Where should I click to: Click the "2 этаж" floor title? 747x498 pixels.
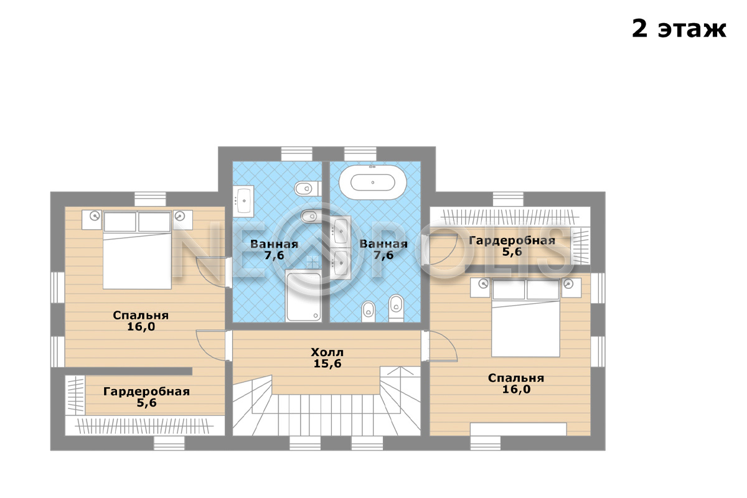click(679, 29)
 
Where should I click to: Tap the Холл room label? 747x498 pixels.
click(327, 352)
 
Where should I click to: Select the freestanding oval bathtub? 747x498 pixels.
click(372, 182)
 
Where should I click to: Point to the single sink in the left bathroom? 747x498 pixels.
click(245, 200)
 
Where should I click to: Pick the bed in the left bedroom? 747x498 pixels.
click(137, 250)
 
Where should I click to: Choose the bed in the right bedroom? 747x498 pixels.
click(525, 317)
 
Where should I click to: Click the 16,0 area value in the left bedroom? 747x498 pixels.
click(141, 327)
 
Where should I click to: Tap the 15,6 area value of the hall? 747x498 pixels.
click(327, 364)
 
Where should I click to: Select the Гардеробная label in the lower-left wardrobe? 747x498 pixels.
click(146, 392)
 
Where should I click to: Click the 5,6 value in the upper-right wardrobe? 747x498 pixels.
click(512, 252)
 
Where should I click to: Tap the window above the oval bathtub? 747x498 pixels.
click(360, 154)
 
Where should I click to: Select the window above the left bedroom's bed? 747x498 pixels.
click(150, 199)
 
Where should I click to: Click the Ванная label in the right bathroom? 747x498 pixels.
click(383, 244)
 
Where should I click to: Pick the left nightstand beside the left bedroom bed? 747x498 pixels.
click(92, 220)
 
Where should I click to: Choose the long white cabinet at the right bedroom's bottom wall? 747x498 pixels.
click(518, 429)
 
